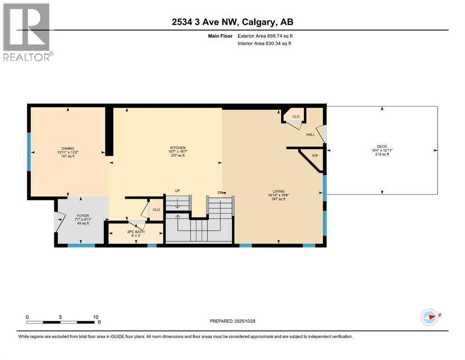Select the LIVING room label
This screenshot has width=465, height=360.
click(279, 191)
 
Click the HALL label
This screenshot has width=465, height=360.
click(310, 135)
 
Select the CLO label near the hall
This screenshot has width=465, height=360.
click(295, 117)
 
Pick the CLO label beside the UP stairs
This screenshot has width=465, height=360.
click(156, 210)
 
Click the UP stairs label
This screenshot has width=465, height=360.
click(177, 191)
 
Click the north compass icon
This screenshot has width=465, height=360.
click(429, 316)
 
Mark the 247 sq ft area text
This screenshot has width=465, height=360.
click(279, 199)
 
